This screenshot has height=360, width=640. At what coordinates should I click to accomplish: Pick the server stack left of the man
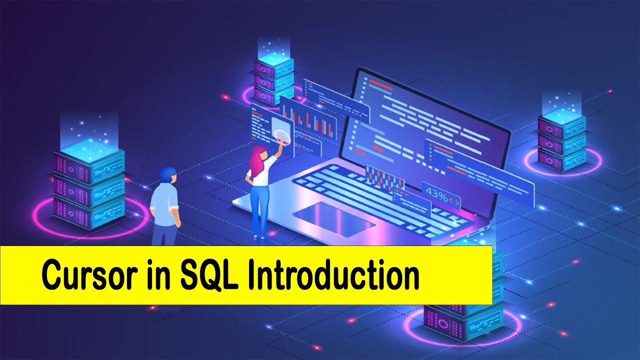[x=88, y=185]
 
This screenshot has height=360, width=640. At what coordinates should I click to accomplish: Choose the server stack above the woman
[x=273, y=75]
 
